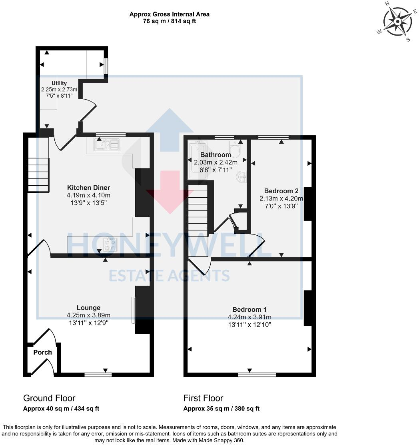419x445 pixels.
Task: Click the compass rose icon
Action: click(x=397, y=22)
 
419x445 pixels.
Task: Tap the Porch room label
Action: click(x=42, y=352)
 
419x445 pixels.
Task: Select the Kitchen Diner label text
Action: click(x=88, y=187)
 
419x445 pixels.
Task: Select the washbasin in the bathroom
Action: click(x=241, y=176)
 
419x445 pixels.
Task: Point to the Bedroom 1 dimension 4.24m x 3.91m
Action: click(x=249, y=317)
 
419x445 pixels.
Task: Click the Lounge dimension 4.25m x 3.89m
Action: click(x=88, y=315)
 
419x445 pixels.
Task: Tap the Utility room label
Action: click(x=59, y=83)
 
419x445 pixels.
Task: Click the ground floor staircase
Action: click(x=38, y=174)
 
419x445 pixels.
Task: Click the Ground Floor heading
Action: click(x=49, y=398)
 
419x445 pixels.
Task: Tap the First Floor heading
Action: click(x=203, y=398)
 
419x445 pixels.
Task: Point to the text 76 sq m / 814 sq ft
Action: click(x=169, y=21)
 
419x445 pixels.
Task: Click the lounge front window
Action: click(x=98, y=375)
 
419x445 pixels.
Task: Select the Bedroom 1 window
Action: click(x=257, y=375)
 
